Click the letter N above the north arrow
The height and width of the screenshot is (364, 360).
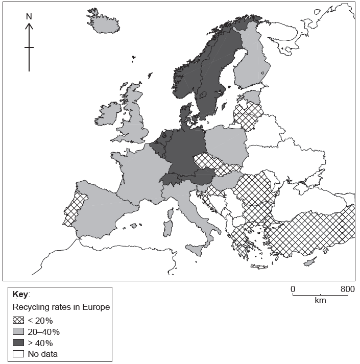click(x=29, y=16)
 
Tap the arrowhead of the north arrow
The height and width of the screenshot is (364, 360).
click(x=29, y=25)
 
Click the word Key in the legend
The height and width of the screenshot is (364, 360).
click(x=21, y=295)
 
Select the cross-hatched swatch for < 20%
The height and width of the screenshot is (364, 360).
click(x=19, y=321)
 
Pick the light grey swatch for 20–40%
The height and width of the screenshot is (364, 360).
click(x=19, y=332)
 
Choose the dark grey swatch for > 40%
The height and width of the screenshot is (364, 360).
click(x=19, y=343)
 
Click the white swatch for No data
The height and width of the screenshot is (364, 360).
click(x=19, y=353)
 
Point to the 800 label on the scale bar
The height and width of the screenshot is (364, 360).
click(x=347, y=289)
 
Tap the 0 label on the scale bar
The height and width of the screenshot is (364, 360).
click(x=293, y=289)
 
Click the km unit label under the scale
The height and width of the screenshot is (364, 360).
click(x=320, y=300)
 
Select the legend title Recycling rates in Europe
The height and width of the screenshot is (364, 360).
click(x=61, y=307)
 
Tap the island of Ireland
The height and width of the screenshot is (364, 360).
click(x=109, y=114)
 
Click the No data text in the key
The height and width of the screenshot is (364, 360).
click(x=43, y=353)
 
